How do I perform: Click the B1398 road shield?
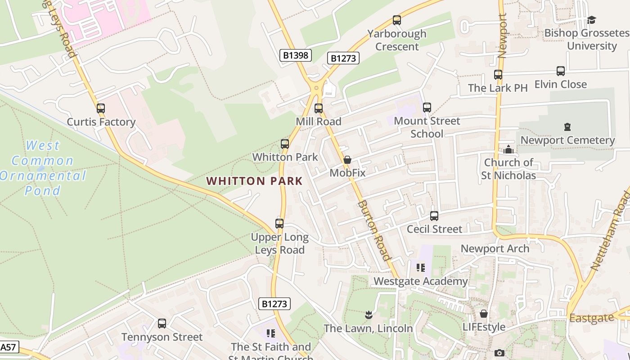(x=295, y=55)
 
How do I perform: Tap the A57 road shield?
(x=9, y=347)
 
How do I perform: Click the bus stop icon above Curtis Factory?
(x=101, y=108)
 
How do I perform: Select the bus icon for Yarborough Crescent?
(x=396, y=20)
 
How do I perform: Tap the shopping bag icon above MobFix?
(x=347, y=160)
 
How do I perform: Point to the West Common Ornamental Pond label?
(x=43, y=168)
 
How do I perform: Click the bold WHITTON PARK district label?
(x=254, y=181)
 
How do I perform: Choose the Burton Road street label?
(x=373, y=230)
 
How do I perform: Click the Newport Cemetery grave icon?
(x=567, y=127)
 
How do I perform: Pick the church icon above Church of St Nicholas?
(x=508, y=149)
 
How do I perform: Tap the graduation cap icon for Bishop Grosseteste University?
(x=591, y=20)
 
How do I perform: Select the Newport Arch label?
(x=495, y=248)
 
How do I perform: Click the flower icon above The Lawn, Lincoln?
(x=368, y=315)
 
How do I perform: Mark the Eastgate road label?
(x=591, y=318)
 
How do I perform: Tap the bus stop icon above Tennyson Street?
(x=162, y=324)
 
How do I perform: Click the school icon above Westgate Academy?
(x=421, y=268)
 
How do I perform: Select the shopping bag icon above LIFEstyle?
(x=484, y=314)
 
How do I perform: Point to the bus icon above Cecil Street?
(x=434, y=216)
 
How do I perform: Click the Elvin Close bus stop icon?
(x=560, y=71)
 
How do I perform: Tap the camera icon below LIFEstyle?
(x=499, y=353)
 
